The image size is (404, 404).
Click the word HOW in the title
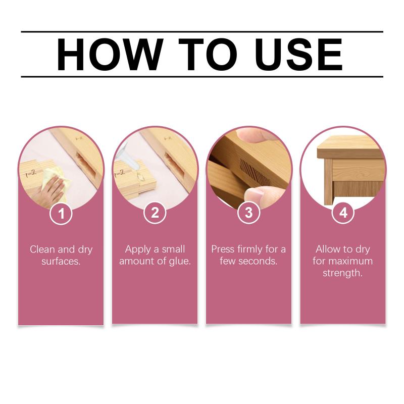click(110, 55)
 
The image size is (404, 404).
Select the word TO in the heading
click(208, 55)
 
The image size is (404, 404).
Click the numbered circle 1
click(61, 213)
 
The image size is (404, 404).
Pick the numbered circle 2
click(155, 213)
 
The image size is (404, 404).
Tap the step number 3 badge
click(248, 213)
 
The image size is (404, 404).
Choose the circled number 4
click(343, 213)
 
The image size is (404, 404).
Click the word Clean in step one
click(42, 249)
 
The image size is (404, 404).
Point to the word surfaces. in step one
click(61, 261)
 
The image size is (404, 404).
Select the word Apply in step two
click(138, 249)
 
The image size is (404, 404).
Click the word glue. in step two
click(180, 262)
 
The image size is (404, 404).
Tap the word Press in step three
click(223, 249)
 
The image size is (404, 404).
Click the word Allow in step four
click(328, 249)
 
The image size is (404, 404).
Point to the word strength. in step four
click(343, 273)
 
